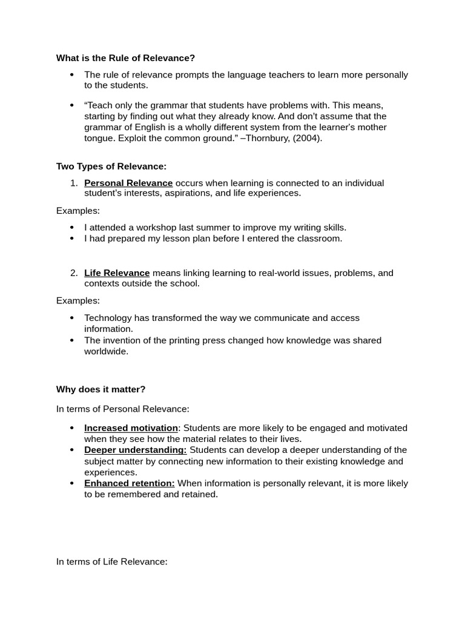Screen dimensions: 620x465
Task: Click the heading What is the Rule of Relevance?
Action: click(125, 58)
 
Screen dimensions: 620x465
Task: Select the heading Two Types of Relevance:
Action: click(111, 166)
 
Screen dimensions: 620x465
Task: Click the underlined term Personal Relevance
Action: click(128, 183)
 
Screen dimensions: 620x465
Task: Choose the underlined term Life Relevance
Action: click(117, 273)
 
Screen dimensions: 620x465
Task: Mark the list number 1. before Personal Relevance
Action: click(73, 183)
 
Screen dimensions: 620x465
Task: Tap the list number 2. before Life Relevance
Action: click(73, 273)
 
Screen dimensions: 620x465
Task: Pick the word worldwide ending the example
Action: click(106, 351)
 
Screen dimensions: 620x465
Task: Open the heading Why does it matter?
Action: click(101, 389)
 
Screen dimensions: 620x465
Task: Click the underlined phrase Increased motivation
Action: click(131, 428)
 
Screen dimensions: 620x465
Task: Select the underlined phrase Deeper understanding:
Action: click(135, 450)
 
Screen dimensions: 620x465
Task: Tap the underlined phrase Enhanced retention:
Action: click(129, 483)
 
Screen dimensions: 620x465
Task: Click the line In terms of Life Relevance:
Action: click(111, 562)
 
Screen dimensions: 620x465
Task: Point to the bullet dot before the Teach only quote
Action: click(71, 105)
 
